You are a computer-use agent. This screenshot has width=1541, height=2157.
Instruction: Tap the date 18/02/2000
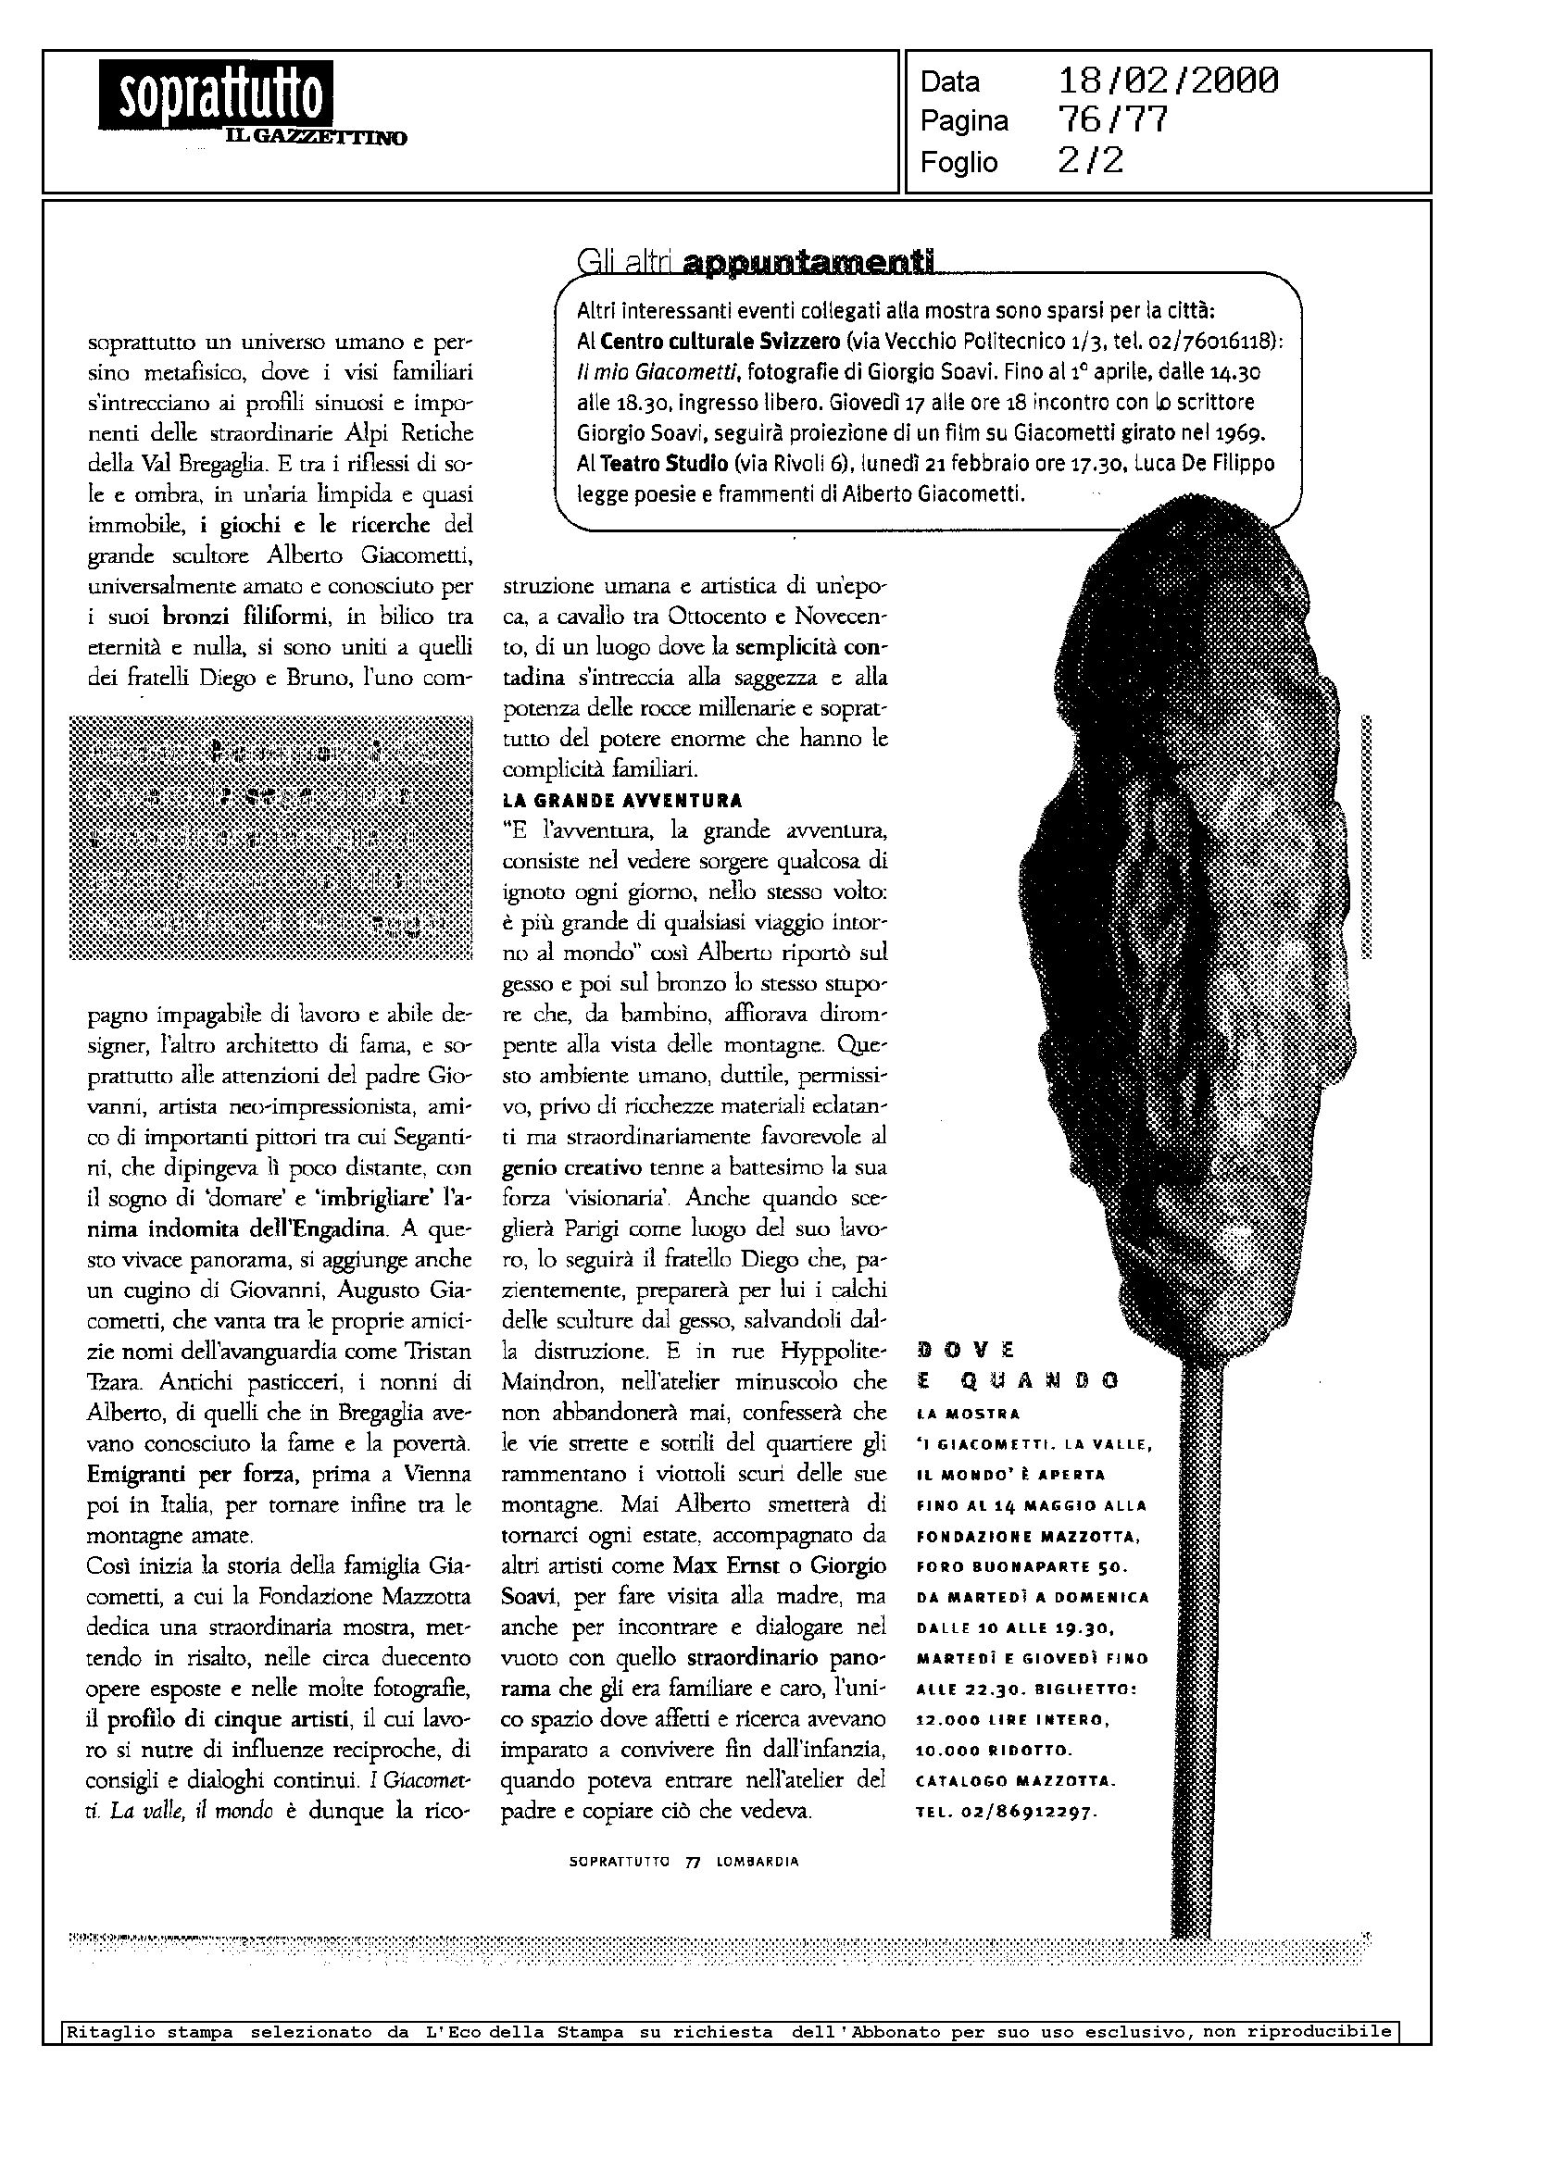(x=1167, y=81)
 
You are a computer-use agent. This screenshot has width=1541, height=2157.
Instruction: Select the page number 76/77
(x=1111, y=121)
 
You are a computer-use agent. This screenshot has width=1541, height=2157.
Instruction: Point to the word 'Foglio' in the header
(x=958, y=162)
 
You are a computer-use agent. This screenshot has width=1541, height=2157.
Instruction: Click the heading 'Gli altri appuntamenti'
(x=756, y=260)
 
